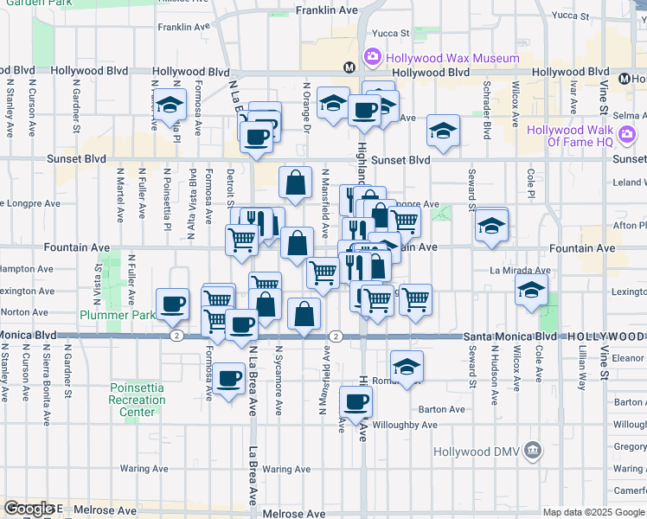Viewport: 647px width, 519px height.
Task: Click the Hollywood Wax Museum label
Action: pyautogui.click(x=452, y=58)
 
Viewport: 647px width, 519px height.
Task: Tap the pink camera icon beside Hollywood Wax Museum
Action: pyautogui.click(x=373, y=57)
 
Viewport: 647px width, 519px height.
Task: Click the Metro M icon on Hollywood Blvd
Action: pyautogui.click(x=350, y=67)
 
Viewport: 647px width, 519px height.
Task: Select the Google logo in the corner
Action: pyautogui.click(x=29, y=509)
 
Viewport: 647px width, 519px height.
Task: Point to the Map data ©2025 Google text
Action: pyautogui.click(x=593, y=512)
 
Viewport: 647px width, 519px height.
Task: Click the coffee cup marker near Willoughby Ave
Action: pyautogui.click(x=356, y=401)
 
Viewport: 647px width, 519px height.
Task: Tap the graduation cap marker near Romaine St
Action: pyautogui.click(x=407, y=365)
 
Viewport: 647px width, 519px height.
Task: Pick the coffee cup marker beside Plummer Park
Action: pyautogui.click(x=173, y=304)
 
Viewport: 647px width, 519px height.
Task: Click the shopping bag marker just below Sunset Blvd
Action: pyautogui.click(x=296, y=183)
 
